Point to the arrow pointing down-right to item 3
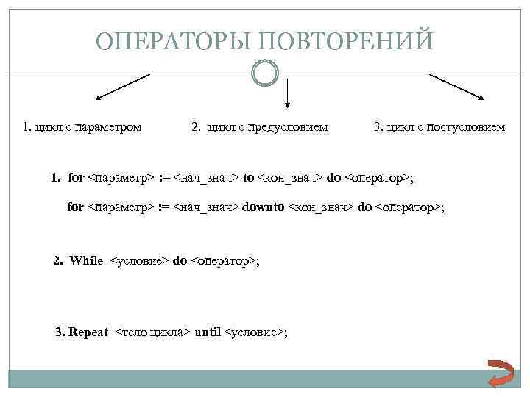[456, 87]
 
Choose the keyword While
[86, 261]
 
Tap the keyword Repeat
[88, 332]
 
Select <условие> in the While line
[139, 261]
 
